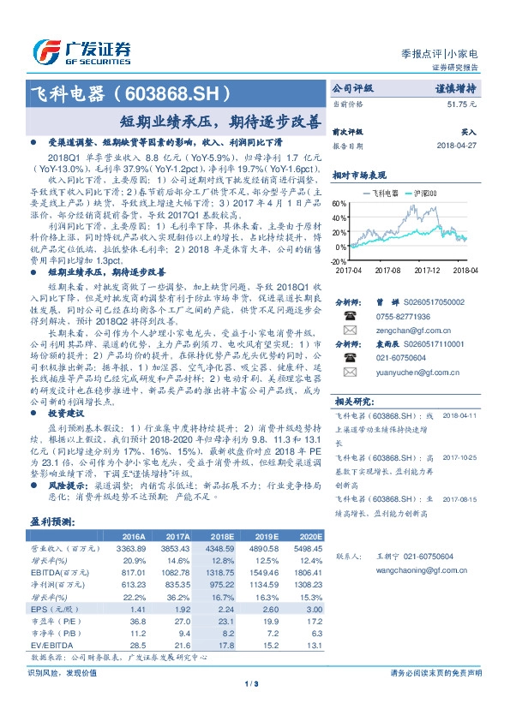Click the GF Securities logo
81,49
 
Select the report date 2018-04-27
456,146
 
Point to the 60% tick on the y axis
339,204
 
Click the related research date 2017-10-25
457,457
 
